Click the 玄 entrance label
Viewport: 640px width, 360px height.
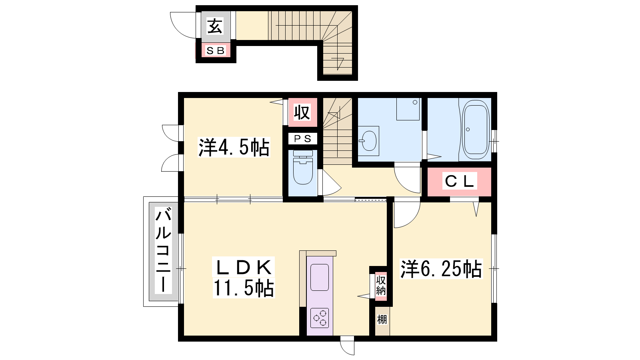215,26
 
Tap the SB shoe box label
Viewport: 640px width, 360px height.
216,50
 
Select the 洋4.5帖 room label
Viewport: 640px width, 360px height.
234,148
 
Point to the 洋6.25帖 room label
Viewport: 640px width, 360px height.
441,268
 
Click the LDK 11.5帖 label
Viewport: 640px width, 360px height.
244,278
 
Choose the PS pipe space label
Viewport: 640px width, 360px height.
302,139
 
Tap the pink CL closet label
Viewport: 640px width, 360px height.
460,181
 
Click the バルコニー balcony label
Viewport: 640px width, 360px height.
163,250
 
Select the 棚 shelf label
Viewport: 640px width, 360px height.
382,320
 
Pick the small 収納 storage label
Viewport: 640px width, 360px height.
381,285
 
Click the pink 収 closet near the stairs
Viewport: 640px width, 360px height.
302,112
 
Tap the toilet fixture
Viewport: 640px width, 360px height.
303,168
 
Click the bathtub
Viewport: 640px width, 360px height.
476,130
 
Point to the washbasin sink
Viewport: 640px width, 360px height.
369,141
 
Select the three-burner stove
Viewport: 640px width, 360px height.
320,318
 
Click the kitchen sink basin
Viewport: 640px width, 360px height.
320,278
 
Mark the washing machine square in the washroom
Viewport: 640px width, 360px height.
408,109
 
